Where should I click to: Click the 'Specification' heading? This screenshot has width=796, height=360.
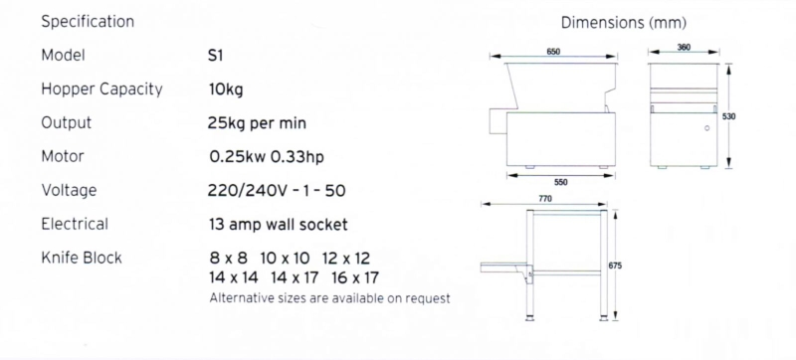coord(88,22)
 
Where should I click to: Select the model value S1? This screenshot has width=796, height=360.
coord(215,55)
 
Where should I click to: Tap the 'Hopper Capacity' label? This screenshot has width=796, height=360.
coord(102,90)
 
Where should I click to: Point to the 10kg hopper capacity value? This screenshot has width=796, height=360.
coord(226,90)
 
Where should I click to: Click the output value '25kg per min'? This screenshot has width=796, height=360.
coord(257,123)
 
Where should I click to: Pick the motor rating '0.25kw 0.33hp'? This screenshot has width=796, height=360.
coord(267,157)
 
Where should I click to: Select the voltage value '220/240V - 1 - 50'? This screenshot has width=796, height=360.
coord(277,191)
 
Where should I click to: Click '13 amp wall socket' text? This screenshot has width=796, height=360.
coord(279,224)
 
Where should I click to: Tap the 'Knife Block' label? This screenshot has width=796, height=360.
coord(82,258)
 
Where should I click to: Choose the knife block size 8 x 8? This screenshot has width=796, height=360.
coord(229,259)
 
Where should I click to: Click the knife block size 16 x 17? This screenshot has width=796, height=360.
coord(355,277)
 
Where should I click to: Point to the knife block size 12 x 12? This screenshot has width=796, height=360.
coord(346,259)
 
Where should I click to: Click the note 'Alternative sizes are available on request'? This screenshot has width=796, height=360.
coord(330,298)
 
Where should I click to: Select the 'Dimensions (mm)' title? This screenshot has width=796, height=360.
coord(624,23)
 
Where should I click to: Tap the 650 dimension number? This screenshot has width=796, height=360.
coord(553,52)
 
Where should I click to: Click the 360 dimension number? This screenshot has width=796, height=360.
coord(684,47)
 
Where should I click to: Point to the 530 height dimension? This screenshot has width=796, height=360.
coord(729,116)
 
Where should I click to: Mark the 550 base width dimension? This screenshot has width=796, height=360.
coord(561,183)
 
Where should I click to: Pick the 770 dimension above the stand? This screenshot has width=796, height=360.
coord(544,199)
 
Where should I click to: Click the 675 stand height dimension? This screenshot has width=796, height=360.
coord(615,266)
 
